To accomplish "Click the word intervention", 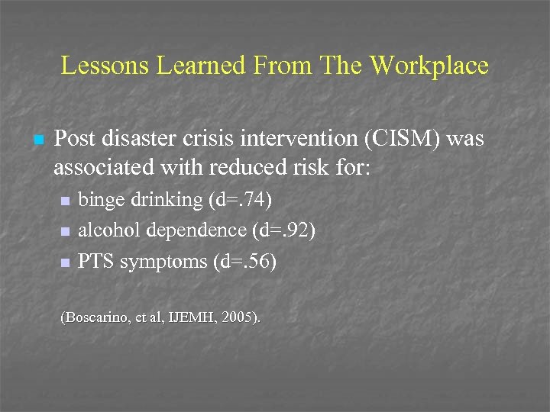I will coord(293,139).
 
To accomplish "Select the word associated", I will coord(101,166).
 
